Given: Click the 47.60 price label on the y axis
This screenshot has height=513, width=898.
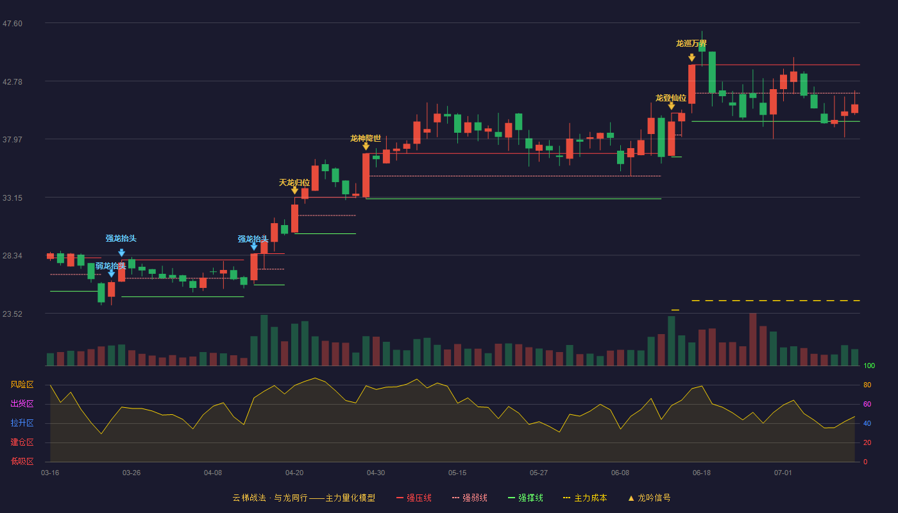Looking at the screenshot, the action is [x=12, y=24].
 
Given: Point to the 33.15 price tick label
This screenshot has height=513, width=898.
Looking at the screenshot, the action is [x=12, y=198].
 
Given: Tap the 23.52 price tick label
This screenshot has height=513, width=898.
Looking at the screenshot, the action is [x=12, y=314].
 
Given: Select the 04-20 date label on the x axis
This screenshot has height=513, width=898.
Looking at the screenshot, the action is [x=294, y=473].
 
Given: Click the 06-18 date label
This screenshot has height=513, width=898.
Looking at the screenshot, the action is [x=702, y=473].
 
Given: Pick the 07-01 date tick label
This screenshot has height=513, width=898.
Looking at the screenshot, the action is [x=783, y=473].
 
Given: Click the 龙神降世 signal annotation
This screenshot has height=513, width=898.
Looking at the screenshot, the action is [x=366, y=139].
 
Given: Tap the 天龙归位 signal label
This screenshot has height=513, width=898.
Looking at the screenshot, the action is [x=294, y=183].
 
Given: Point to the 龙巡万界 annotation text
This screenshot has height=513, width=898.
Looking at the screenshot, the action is [x=691, y=44].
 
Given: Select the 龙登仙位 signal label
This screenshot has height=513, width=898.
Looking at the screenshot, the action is [x=671, y=97].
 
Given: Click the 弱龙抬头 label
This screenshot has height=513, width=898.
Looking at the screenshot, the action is [x=110, y=265].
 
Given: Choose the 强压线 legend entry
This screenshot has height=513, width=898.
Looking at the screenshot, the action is [x=414, y=498].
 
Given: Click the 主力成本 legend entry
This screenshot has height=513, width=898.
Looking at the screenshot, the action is [x=585, y=498].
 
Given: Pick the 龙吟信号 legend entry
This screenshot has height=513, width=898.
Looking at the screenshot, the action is [x=649, y=498].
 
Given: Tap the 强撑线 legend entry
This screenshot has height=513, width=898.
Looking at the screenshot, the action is [x=525, y=498].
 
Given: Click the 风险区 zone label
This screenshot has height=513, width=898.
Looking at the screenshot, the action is [x=22, y=385].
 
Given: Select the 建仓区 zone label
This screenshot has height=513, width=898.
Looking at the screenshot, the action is [x=22, y=442].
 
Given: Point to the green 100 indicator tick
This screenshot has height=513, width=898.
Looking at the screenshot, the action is [x=869, y=366].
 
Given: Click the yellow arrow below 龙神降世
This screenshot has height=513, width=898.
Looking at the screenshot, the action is [x=366, y=147].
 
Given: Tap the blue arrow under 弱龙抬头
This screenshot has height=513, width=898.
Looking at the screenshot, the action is [x=112, y=274].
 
